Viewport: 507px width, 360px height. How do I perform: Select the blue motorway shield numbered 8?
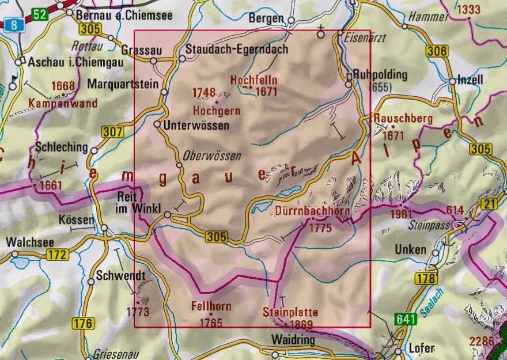click(11, 24)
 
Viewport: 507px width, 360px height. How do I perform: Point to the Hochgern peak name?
click(215, 109)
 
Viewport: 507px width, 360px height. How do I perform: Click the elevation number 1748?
click(205, 92)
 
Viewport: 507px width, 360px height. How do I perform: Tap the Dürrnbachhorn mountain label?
click(311, 211)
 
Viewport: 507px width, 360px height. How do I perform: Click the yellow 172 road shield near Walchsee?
click(58, 254)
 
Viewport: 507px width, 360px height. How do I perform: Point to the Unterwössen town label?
click(196, 124)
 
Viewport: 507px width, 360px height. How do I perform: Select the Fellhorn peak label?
click(210, 306)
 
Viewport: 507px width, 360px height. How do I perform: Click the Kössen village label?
click(76, 220)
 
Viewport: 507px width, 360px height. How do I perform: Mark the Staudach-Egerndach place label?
click(237, 50)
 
